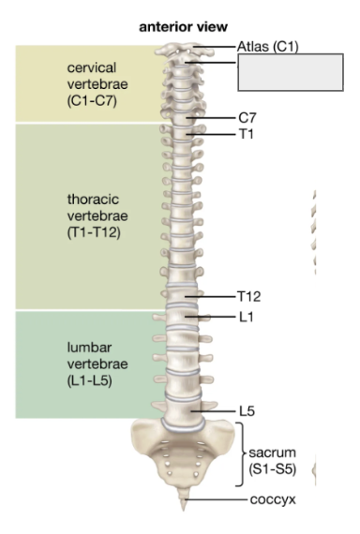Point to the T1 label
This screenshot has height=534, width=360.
click(x=246, y=134)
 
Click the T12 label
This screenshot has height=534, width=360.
click(x=249, y=297)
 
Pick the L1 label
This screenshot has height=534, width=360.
click(x=246, y=318)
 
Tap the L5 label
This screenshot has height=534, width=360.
click(x=247, y=410)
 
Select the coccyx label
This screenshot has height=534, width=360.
click(x=272, y=499)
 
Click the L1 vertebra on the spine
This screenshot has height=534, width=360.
click(x=188, y=319)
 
